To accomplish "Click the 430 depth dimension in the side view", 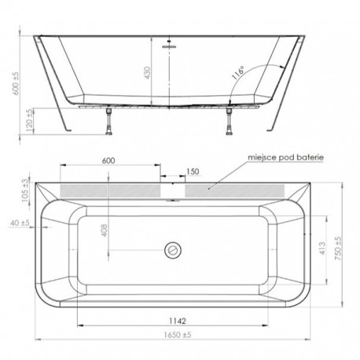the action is coord(148,73).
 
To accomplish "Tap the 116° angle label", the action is coord(238,73).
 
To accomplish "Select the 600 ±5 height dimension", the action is coord(16,83).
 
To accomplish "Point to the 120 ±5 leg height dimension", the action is coord(30,120).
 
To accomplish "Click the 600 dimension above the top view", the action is coord(108,160).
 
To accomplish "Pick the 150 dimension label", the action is coord(193,171).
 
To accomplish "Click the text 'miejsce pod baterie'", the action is coord(286,157).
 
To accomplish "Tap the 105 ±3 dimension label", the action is coord(25,190).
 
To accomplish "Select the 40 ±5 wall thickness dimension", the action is coord(20,223).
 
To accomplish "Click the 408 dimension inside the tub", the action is coord(105,230).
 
